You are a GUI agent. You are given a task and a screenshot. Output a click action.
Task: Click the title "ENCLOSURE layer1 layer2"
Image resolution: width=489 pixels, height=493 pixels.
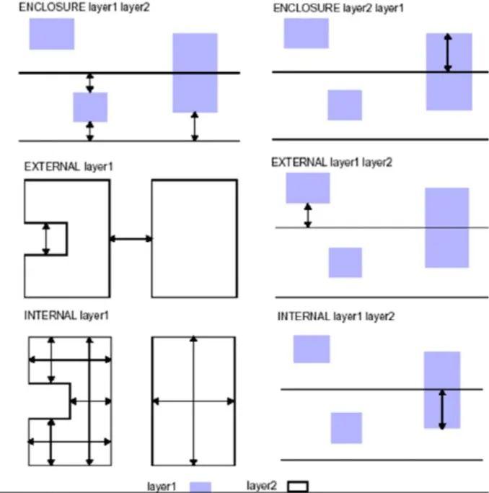tap(84, 7)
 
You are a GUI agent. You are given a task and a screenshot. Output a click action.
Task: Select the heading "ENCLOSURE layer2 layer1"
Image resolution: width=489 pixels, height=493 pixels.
tap(338, 8)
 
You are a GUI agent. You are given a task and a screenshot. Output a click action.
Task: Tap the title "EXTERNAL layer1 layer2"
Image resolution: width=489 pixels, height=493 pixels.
tap(332, 162)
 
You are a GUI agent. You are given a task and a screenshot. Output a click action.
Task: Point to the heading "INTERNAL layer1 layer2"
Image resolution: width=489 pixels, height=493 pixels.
tap(335, 316)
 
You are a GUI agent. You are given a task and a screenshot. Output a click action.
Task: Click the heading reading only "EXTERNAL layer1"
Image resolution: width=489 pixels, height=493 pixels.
tap(69, 166)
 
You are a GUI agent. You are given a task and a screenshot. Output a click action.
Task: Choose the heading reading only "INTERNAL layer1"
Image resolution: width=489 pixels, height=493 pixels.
tap(66, 315)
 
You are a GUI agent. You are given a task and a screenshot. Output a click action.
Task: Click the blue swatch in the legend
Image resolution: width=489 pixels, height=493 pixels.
tap(201, 487)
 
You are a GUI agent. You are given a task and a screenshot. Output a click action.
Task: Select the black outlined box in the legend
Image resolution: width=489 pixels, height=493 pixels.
tap(298, 486)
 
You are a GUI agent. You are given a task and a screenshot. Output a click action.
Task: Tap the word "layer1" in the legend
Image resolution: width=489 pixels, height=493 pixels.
tap(162, 487)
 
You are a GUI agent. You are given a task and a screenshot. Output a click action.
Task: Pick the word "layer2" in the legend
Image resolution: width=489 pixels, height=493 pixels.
tap(262, 486)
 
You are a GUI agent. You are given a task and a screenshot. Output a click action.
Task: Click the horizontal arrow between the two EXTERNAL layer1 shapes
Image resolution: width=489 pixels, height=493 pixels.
tap(131, 239)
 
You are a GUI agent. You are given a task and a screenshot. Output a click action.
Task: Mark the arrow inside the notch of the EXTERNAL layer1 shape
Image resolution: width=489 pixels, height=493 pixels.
tap(46, 239)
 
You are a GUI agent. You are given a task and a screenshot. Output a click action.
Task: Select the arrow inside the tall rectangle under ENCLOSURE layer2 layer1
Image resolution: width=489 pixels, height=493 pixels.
tap(448, 53)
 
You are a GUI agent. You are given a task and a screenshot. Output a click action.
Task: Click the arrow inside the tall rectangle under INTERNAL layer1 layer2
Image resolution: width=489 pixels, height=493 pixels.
tap(442, 409)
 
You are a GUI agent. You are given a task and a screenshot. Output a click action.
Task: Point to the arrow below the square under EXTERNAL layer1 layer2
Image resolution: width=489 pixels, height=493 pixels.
tap(308, 215)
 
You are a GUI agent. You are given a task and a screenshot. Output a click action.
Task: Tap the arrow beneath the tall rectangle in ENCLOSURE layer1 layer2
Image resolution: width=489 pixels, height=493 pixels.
tap(195, 126)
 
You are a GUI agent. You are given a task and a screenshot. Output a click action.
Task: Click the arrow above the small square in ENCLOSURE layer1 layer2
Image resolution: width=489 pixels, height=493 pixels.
tap(90, 83)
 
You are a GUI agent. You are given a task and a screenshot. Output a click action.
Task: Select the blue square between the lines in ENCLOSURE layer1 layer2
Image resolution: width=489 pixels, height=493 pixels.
tap(90, 108)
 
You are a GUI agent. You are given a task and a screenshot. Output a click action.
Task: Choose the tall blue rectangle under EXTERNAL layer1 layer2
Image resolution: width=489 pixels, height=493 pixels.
tap(447, 227)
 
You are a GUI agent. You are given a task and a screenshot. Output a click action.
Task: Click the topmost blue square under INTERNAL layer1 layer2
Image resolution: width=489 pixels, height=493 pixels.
tap(312, 349)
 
